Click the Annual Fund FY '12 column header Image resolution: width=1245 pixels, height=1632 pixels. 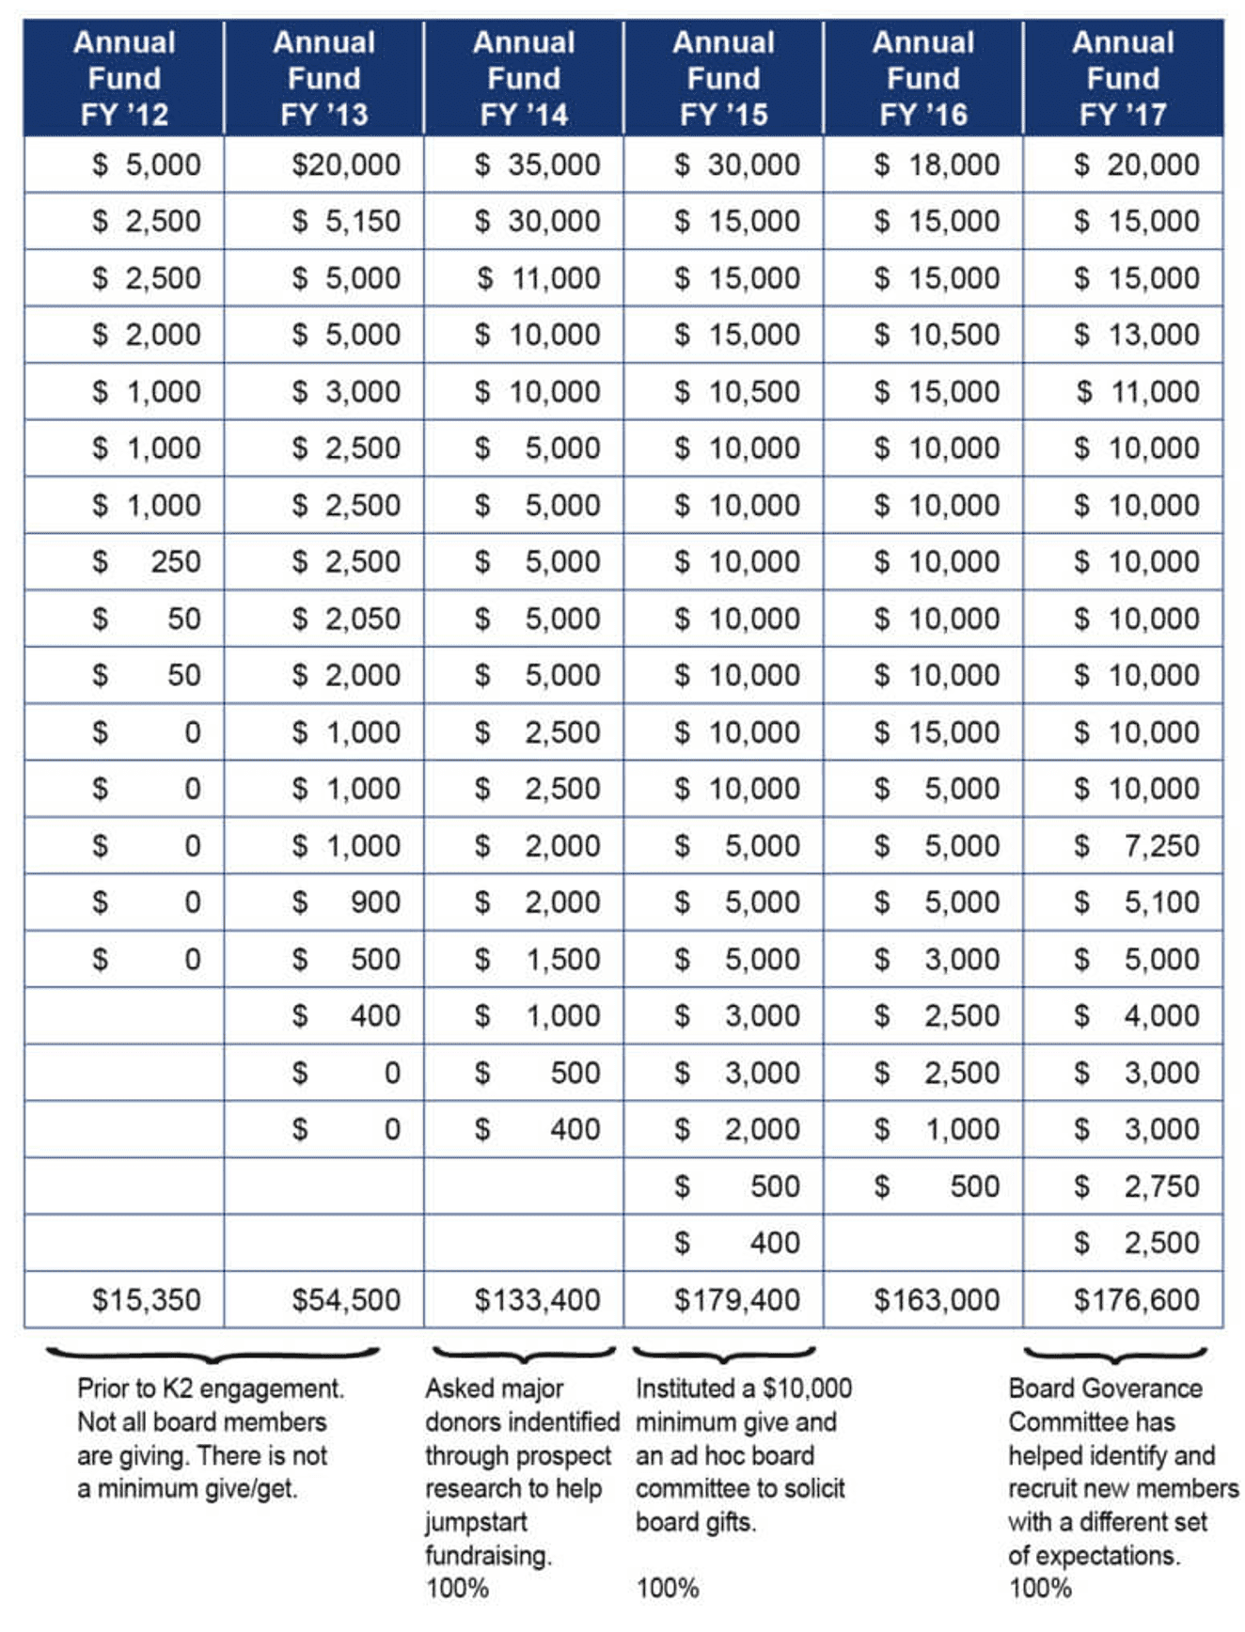click(x=124, y=78)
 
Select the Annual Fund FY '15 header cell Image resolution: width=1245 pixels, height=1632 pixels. click(x=723, y=78)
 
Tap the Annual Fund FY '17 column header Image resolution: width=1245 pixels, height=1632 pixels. click(x=1123, y=78)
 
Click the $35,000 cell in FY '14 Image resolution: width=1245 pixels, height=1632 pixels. click(x=537, y=165)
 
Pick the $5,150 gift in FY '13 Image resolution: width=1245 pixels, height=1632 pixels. click(x=346, y=221)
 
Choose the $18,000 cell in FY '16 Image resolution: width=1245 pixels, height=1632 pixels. click(x=937, y=165)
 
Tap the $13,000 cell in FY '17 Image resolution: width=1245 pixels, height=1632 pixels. click(x=1137, y=335)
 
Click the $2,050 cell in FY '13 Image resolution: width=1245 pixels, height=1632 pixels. click(x=346, y=619)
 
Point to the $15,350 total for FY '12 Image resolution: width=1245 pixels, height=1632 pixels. click(x=146, y=1299)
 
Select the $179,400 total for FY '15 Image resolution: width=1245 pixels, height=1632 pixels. click(x=736, y=1299)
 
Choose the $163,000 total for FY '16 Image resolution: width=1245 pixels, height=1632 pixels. click(x=937, y=1299)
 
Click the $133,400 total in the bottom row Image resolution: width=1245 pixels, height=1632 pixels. click(x=537, y=1299)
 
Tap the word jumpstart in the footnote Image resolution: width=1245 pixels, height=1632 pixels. click(x=475, y=1522)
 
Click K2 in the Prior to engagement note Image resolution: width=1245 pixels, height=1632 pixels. click(x=177, y=1388)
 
